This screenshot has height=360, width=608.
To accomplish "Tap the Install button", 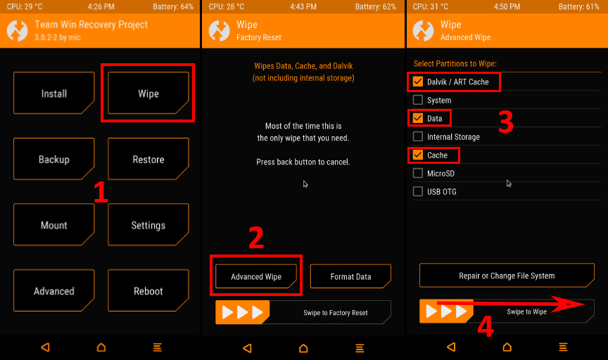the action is click(54, 93).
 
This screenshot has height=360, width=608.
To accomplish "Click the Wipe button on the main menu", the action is click(148, 93).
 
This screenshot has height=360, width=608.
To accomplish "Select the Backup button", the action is click(54, 159).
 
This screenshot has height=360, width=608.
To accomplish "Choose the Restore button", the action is click(148, 159).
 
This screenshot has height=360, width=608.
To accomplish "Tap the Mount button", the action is click(54, 225).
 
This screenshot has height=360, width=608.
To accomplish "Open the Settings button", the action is click(148, 225).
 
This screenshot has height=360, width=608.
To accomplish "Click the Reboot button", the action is click(148, 290).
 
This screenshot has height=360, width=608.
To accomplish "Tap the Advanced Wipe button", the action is click(256, 276).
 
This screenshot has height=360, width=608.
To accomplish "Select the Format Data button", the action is click(350, 276).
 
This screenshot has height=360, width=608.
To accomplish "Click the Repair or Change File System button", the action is click(507, 276).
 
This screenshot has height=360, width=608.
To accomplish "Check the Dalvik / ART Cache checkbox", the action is click(417, 82).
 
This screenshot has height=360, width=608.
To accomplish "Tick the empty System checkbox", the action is click(417, 100).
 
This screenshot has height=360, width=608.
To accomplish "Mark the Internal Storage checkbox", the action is click(417, 136).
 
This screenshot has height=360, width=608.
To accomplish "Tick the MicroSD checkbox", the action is click(417, 173).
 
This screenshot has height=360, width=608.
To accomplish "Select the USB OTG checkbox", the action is click(417, 191).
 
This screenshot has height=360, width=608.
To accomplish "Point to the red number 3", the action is click(506, 122).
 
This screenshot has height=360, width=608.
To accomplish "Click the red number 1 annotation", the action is click(101, 192).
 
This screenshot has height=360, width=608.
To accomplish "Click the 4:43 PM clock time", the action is click(303, 6).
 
